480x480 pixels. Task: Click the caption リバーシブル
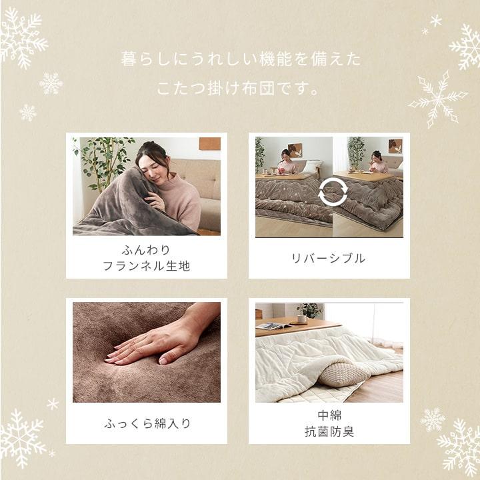(329, 259)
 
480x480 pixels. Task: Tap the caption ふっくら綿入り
(147, 423)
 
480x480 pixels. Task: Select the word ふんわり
(147, 251)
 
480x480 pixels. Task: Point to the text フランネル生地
(147, 266)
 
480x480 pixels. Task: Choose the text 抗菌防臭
(329, 431)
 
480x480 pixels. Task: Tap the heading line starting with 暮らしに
(240, 59)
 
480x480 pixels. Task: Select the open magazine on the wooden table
(273, 325)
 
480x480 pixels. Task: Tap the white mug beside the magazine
(302, 319)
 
